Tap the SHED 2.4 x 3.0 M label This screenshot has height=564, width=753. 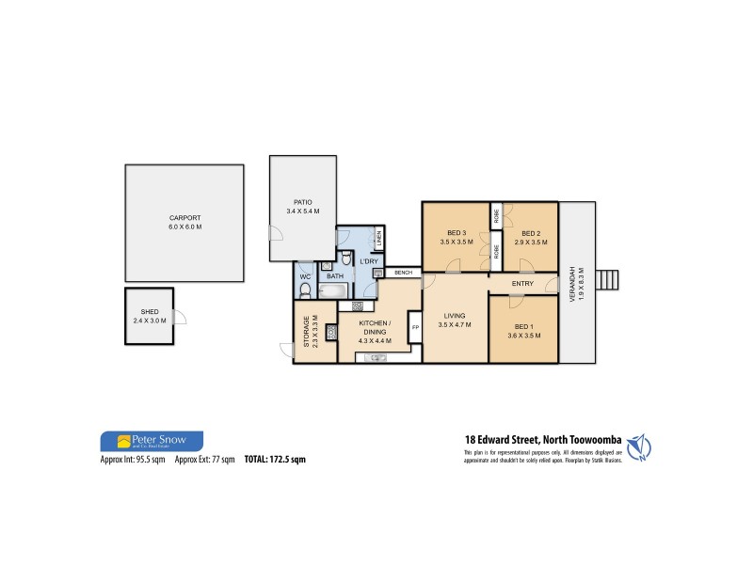151,318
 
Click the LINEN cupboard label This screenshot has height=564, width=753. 378,240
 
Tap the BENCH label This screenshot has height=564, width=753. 405,274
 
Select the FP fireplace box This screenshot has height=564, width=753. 415,328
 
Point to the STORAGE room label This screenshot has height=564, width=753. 305,331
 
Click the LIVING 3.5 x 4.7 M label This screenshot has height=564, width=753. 454,321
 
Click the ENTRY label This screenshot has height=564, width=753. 524,284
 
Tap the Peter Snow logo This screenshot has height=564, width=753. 152,441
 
